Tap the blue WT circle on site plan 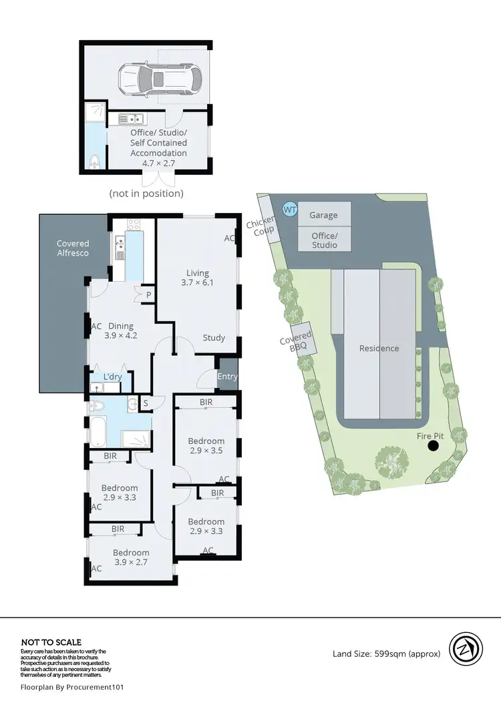289,210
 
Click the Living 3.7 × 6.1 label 198,278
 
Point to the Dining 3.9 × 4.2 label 121,331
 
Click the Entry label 227,377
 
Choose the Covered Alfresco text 73,248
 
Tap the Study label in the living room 214,338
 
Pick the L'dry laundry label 112,377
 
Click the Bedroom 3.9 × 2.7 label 130,557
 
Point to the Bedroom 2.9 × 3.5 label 206,446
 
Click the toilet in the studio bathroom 96,160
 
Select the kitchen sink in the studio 132,120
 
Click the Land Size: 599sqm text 386,654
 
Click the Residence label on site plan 379,348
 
